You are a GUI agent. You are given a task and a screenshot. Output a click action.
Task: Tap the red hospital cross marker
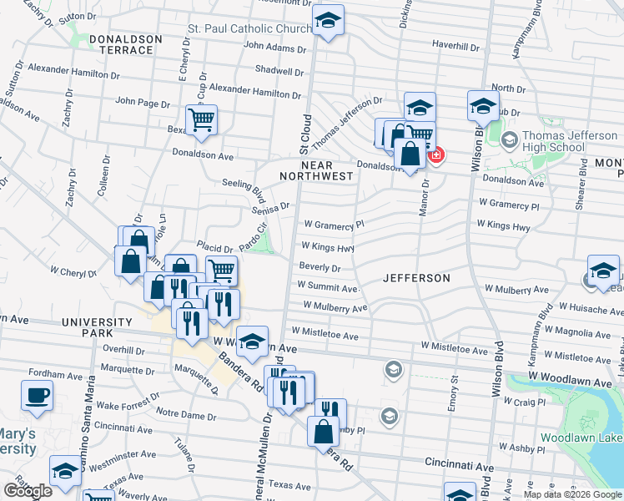(435, 154)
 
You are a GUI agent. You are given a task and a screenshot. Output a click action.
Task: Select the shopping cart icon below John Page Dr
(201, 120)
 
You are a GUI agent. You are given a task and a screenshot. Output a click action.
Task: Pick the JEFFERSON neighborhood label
(416, 278)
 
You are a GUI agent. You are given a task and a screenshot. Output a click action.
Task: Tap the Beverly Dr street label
(320, 268)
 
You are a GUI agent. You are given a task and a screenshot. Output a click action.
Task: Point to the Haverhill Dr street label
(455, 45)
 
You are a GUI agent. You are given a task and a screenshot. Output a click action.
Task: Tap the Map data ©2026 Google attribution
(571, 494)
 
